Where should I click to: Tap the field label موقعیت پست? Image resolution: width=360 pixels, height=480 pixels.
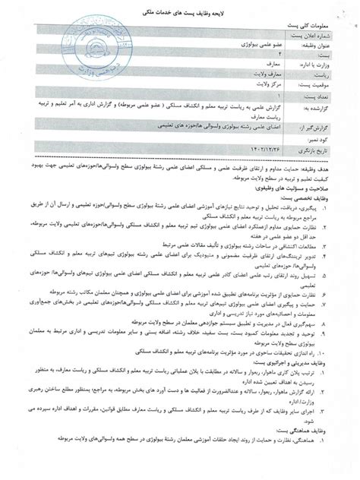tap(322, 86)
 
